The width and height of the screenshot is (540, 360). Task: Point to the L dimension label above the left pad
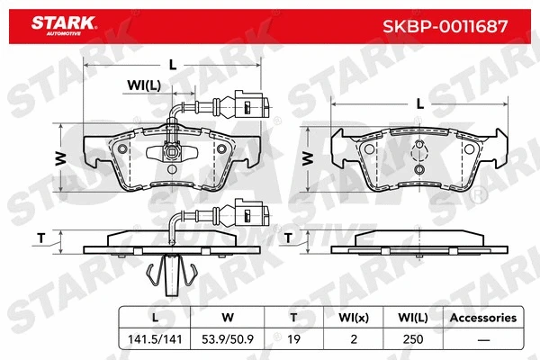point(171,64)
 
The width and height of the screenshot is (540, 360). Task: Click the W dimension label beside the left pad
point(60,158)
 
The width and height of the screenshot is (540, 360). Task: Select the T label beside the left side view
point(40,238)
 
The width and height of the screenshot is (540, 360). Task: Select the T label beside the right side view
point(288,238)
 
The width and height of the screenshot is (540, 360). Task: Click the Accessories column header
point(482,317)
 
